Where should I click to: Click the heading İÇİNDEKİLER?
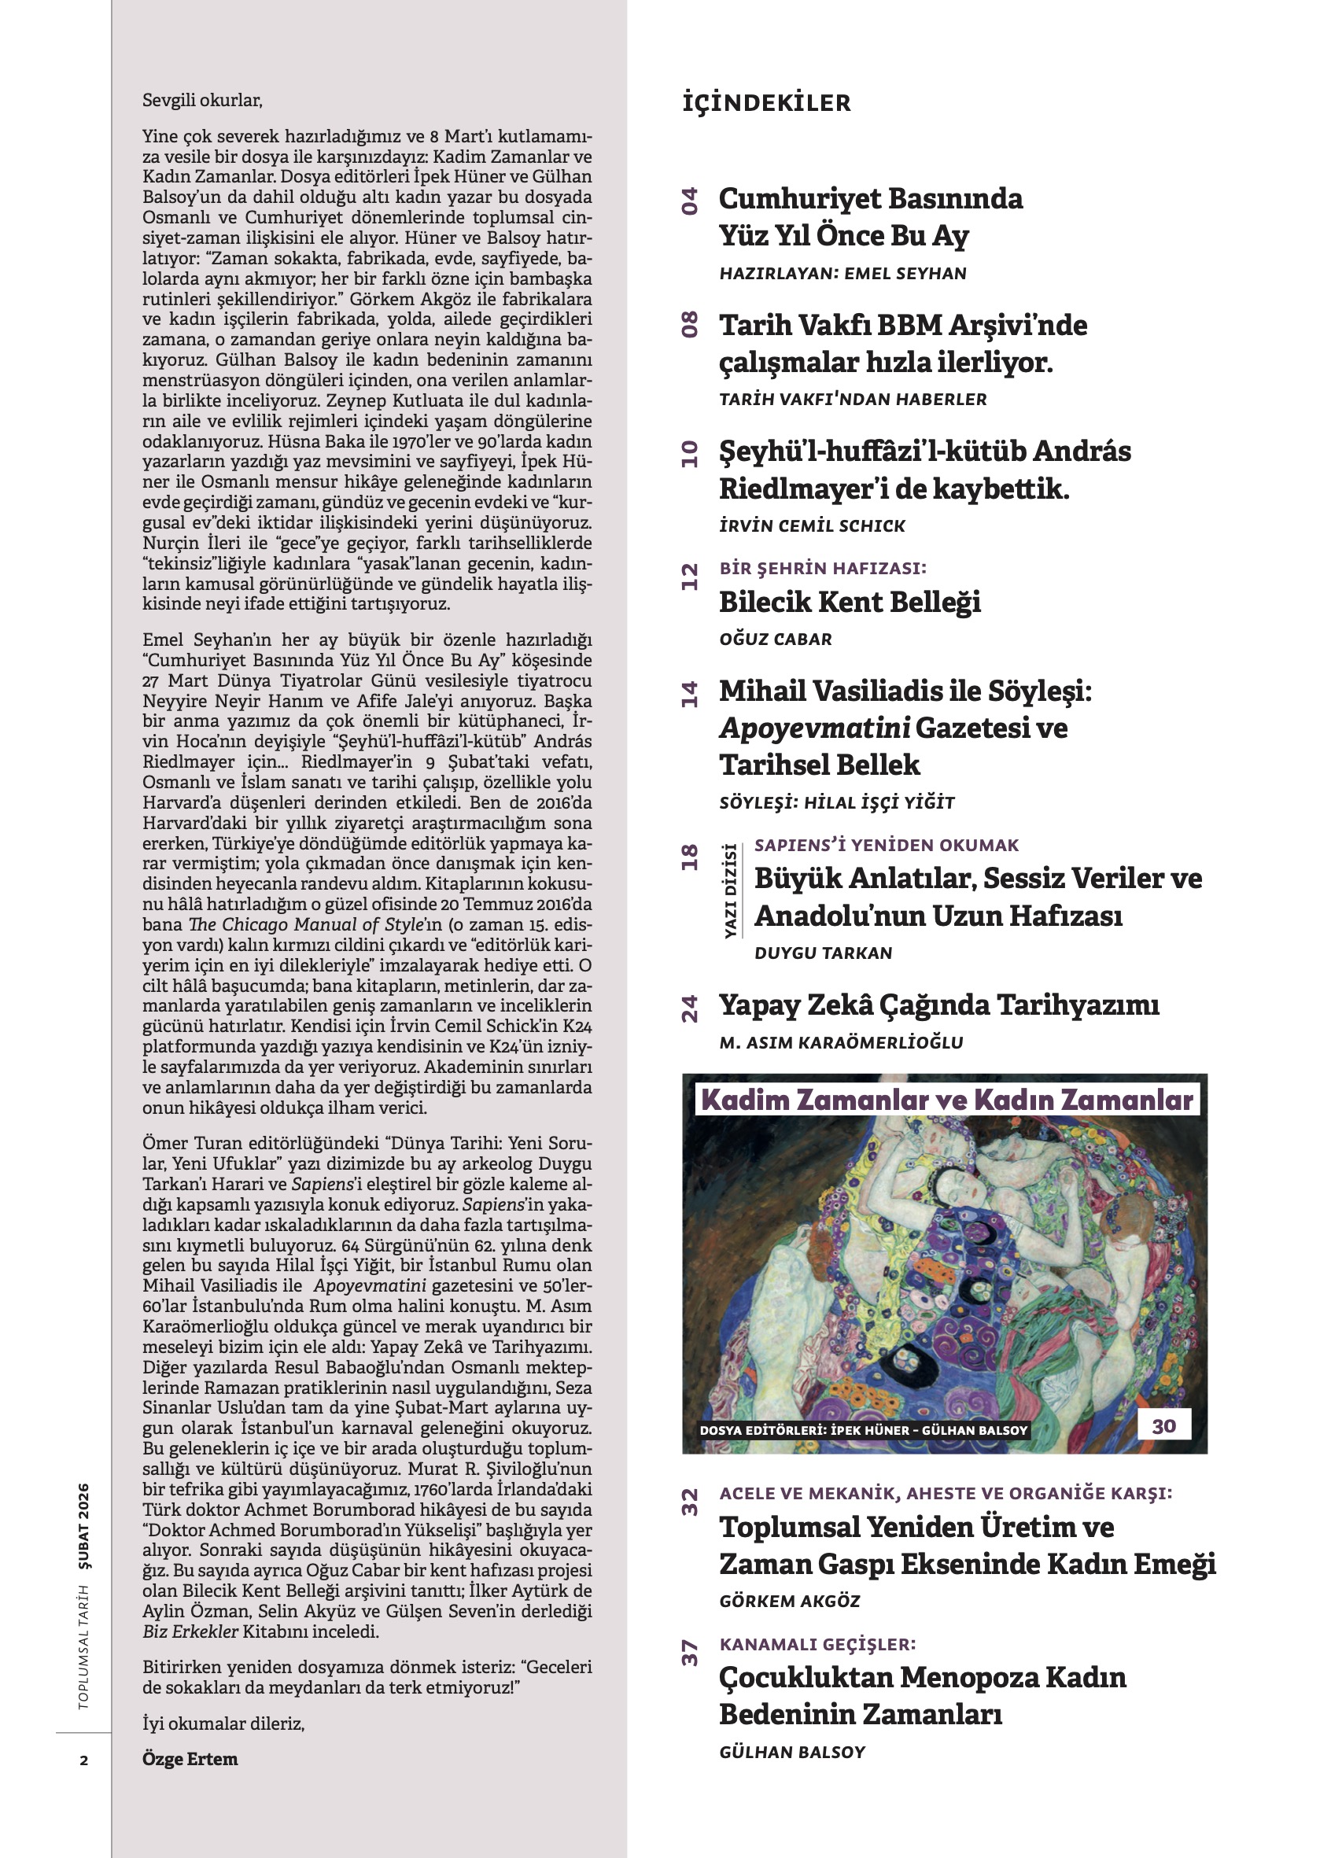pyautogui.click(x=766, y=103)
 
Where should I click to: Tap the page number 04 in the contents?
pyautogui.click(x=691, y=201)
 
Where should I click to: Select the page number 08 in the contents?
pyautogui.click(x=691, y=324)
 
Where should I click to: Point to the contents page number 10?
pyautogui.click(x=691, y=453)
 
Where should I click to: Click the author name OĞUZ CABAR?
pyautogui.click(x=775, y=639)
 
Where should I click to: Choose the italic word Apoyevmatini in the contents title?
pyautogui.click(x=814, y=728)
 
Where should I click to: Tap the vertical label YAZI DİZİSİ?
pyautogui.click(x=729, y=890)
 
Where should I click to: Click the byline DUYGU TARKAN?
pyautogui.click(x=822, y=953)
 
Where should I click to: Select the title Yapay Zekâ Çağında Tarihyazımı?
pyautogui.click(x=938, y=1005)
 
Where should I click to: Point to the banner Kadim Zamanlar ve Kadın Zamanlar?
pyautogui.click(x=947, y=1100)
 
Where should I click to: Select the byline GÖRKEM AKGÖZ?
pyautogui.click(x=790, y=1601)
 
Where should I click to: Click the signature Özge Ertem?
pyautogui.click(x=190, y=1759)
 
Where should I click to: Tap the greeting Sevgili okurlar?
pyautogui.click(x=202, y=101)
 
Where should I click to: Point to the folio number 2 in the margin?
pyautogui.click(x=83, y=1760)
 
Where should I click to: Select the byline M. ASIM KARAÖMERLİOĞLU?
pyautogui.click(x=840, y=1042)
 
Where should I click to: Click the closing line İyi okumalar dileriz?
pyautogui.click(x=223, y=1723)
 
